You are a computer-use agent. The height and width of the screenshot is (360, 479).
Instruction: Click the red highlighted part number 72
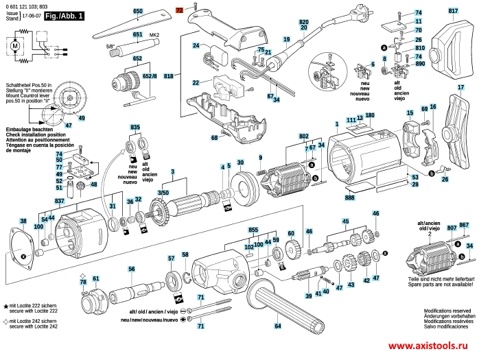180,12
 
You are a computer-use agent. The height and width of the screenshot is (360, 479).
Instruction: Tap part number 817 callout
453,12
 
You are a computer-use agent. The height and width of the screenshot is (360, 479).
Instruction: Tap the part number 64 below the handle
278,325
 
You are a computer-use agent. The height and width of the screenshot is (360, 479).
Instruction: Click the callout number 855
254,228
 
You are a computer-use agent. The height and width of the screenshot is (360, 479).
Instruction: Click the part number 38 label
23,221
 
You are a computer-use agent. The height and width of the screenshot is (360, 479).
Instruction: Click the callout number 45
345,221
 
